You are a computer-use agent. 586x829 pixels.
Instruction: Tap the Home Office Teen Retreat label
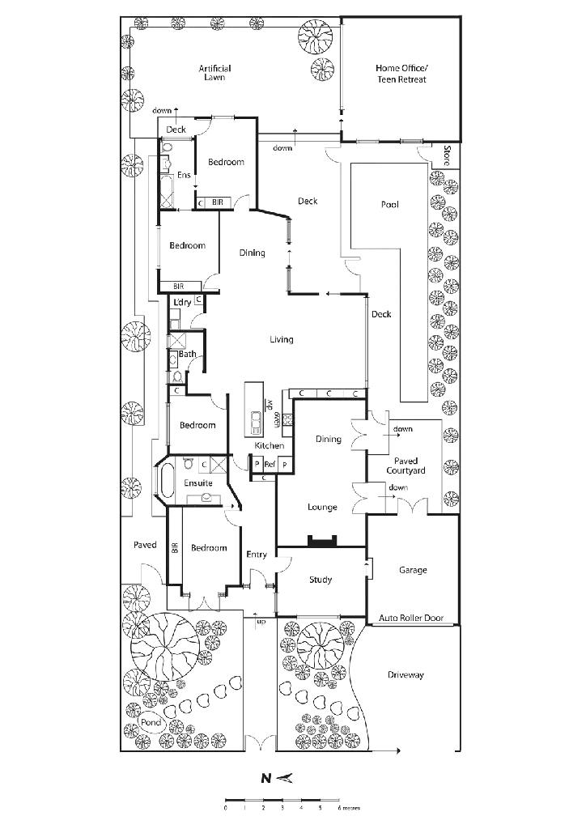401,74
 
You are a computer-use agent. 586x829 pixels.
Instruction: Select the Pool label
389,206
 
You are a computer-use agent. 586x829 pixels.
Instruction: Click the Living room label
281,339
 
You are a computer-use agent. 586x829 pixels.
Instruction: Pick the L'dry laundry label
183,302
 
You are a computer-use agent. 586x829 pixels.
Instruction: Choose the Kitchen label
269,446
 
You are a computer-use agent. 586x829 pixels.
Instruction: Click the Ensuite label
198,483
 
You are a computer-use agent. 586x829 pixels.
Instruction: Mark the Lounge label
322,508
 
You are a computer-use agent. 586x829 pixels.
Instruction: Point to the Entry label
256,554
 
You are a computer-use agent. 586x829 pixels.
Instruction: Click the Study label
321,580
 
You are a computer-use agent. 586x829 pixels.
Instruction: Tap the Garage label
412,570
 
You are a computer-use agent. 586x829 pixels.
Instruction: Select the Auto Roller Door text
412,619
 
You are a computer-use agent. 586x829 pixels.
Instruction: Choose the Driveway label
407,674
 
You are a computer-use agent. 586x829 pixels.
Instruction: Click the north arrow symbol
278,778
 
